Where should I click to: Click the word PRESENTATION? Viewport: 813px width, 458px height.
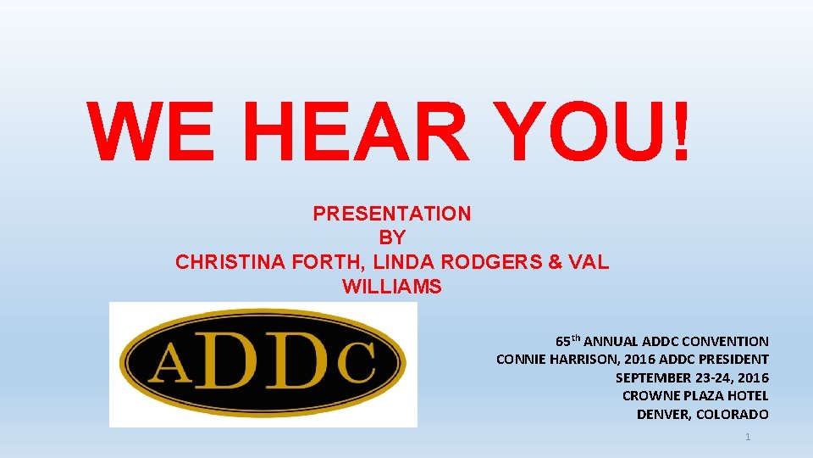392,214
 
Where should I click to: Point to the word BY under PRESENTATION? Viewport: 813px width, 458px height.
392,238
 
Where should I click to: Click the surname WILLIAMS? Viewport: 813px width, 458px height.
392,287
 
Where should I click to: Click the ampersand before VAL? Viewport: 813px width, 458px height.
556,262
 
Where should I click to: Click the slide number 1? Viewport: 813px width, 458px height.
748,437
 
